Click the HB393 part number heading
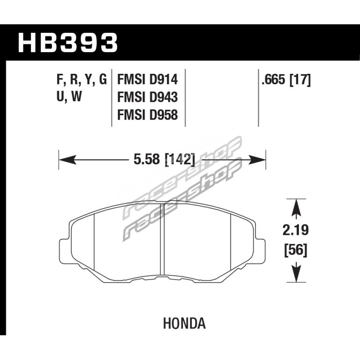tap(68, 43)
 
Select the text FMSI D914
tap(148, 80)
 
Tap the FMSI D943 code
tap(148, 97)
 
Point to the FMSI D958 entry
tap(148, 115)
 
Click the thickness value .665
tap(274, 80)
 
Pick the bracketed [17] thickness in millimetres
tap(300, 80)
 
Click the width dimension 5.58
tap(147, 159)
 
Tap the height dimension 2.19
tap(296, 230)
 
